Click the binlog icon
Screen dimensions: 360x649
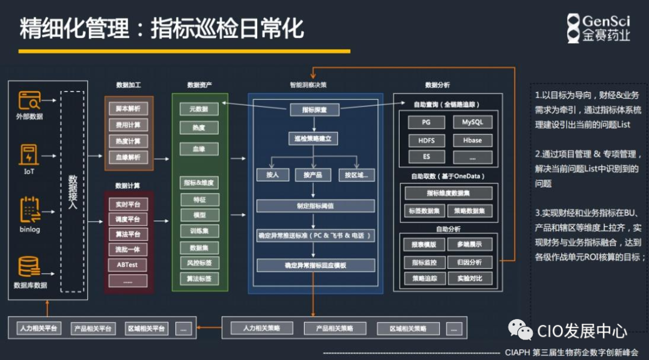[x=29, y=208]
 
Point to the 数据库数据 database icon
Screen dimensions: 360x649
[x=29, y=267]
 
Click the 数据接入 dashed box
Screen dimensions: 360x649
[x=73, y=191]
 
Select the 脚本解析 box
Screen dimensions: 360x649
[x=128, y=109]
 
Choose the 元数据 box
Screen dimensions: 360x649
[x=199, y=109]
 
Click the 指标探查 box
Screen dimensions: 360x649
[x=314, y=110]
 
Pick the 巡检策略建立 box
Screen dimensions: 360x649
[x=313, y=139]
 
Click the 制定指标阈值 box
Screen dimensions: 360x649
[x=315, y=206]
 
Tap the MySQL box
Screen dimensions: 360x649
[x=472, y=123]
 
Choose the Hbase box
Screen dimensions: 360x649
[x=472, y=140]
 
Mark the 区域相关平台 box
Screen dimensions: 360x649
[x=146, y=329]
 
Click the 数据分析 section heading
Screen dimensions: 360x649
[x=437, y=85]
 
